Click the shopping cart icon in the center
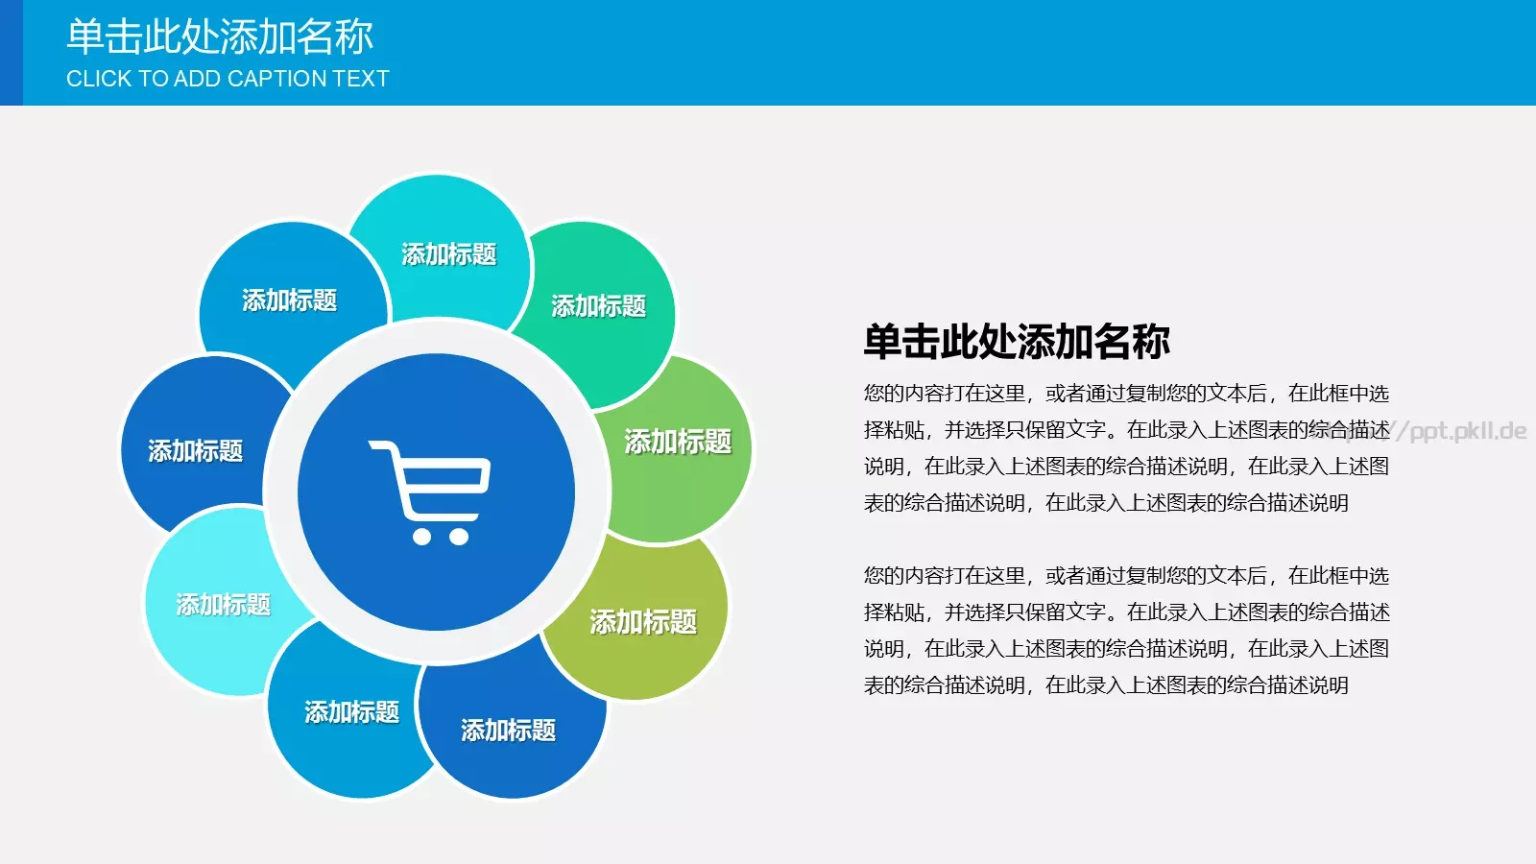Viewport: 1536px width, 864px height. pos(431,492)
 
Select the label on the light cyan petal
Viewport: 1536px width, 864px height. pos(223,604)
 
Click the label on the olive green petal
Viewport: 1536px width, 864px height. pos(642,621)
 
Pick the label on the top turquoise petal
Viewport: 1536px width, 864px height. pos(448,253)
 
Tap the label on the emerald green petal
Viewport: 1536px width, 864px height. pos(598,305)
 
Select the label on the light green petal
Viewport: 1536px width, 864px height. pos(678,441)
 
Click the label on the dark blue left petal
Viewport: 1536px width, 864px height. pos(195,450)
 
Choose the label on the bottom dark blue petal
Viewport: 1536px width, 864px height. pos(508,730)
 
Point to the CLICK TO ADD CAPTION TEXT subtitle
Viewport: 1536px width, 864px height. pos(228,79)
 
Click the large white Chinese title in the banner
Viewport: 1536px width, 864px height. pos(220,36)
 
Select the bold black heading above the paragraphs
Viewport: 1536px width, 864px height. pos(1017,342)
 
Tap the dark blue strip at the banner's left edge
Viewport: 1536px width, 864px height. pos(11,53)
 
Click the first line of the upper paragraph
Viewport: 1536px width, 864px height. pos(1125,393)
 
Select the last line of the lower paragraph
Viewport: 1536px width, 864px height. pos(1106,684)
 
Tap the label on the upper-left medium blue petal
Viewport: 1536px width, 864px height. pos(289,300)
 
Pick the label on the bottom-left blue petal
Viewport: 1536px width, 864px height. pos(351,711)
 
